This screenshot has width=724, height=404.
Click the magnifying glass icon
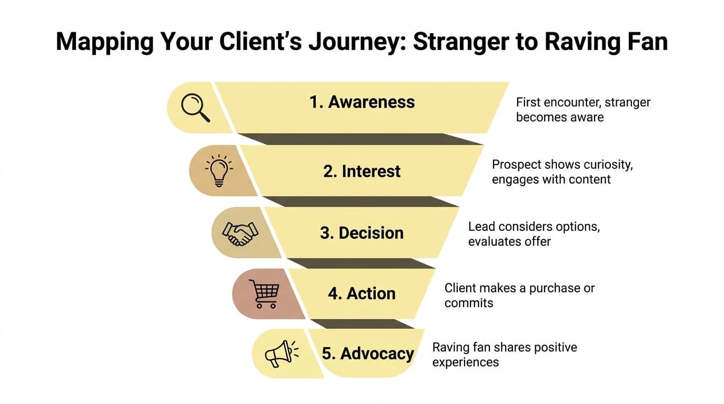(x=195, y=107)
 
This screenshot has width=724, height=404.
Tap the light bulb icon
(x=218, y=170)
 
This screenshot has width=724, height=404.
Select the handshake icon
(x=240, y=233)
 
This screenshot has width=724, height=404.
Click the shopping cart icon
(x=267, y=294)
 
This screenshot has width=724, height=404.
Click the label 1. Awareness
(x=362, y=102)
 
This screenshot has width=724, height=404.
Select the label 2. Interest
(x=362, y=171)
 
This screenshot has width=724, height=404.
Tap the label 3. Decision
(x=361, y=233)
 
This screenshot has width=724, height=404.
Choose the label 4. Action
(x=361, y=293)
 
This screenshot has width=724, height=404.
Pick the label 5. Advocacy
(x=368, y=353)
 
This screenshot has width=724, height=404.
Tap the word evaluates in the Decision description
(x=493, y=241)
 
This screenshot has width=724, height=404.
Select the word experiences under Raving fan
(x=466, y=362)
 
